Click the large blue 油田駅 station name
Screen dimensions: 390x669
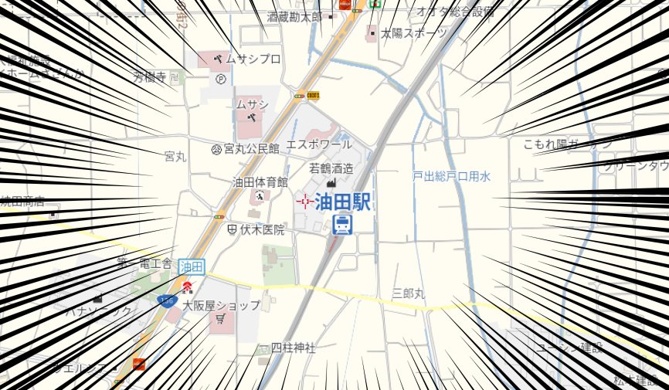[343, 202]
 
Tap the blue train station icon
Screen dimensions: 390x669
[342, 225]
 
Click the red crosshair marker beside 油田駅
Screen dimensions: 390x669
[304, 202]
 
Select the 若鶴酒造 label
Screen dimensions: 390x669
[331, 168]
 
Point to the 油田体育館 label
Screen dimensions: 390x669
[260, 182]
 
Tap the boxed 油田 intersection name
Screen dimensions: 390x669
[192, 267]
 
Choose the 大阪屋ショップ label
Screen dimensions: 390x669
[222, 305]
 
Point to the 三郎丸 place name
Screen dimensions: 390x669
[409, 293]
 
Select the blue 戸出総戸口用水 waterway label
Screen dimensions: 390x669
[451, 177]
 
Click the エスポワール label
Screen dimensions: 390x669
[319, 144]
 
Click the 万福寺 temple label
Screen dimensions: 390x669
[149, 76]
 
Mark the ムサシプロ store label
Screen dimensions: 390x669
[253, 59]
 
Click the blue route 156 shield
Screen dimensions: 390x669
[165, 299]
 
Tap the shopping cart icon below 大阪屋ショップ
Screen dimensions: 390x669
[221, 319]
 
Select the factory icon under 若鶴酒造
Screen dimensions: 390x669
[332, 182]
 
